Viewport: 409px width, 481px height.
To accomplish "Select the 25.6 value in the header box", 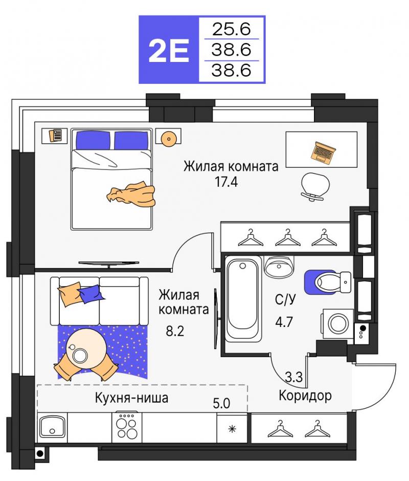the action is [x=232, y=29].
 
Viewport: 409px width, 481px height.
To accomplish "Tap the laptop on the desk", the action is [x=323, y=152].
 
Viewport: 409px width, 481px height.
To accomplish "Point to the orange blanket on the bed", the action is [x=132, y=194].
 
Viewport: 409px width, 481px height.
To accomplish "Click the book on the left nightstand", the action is [x=56, y=135].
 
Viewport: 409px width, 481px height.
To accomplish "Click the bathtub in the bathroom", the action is [x=243, y=299].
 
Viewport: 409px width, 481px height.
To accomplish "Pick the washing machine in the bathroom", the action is [x=337, y=323].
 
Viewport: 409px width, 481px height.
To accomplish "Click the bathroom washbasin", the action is [x=279, y=266].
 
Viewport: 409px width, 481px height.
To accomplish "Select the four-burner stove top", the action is [x=127, y=427].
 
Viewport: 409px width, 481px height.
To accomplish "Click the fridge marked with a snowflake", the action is [x=232, y=428].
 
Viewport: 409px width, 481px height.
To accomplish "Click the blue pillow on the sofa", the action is [x=91, y=294].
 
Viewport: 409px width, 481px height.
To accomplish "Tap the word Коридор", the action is [x=305, y=396].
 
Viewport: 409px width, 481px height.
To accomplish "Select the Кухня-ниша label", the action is [x=131, y=398].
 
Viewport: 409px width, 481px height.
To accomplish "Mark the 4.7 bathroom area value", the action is [x=284, y=322].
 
